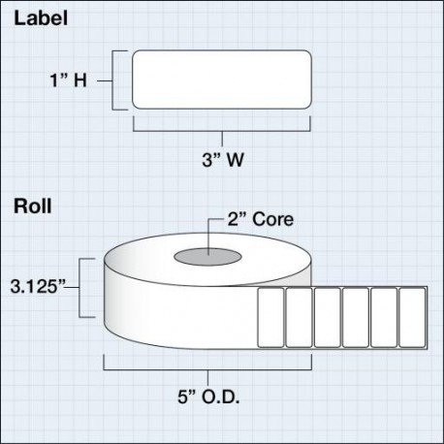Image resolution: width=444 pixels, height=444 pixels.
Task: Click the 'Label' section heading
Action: click(x=41, y=18)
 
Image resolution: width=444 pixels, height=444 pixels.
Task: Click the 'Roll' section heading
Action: click(x=33, y=206)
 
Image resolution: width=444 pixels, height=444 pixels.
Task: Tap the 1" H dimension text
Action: click(x=69, y=80)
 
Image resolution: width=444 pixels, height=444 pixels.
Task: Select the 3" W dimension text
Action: click(x=223, y=160)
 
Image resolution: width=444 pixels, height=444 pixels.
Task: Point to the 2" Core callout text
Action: click(x=261, y=219)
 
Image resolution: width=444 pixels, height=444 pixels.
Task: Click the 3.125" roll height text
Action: click(x=38, y=286)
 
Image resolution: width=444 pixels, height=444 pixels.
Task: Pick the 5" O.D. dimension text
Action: click(x=208, y=396)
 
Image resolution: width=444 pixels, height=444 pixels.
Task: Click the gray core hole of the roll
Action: click(x=207, y=257)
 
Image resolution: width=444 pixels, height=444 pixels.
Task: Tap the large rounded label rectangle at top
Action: click(x=222, y=79)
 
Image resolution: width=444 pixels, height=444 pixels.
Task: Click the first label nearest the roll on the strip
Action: click(x=270, y=317)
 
